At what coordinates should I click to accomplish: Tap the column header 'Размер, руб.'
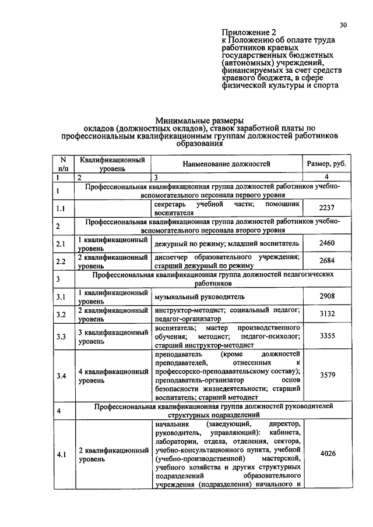pyautogui.click(x=326, y=164)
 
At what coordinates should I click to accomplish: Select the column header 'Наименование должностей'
pyautogui.click(x=227, y=164)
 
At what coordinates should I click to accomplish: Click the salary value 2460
pyautogui.click(x=326, y=242)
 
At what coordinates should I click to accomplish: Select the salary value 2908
pyautogui.click(x=326, y=296)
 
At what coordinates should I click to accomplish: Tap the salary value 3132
pyautogui.click(x=326, y=314)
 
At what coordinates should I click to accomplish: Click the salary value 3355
pyautogui.click(x=326, y=336)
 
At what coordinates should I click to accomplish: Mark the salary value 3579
pyautogui.click(x=326, y=376)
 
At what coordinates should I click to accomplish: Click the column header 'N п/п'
pyautogui.click(x=63, y=164)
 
